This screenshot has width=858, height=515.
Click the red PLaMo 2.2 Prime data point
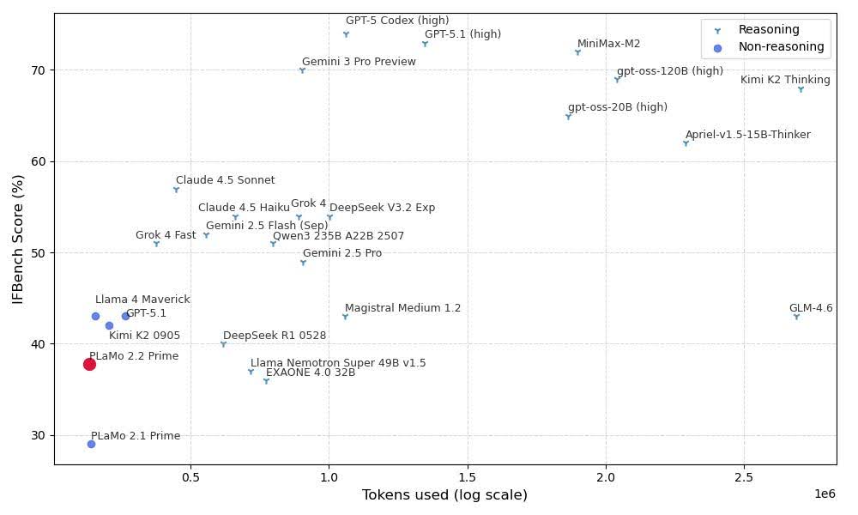click(89, 364)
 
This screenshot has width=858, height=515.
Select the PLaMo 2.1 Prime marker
click(91, 444)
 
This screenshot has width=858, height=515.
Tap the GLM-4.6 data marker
click(796, 317)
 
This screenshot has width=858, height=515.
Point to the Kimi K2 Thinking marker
click(801, 89)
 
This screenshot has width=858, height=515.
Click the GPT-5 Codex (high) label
click(396, 21)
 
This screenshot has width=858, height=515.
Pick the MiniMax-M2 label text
click(608, 44)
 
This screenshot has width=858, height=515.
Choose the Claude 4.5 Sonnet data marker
click(176, 189)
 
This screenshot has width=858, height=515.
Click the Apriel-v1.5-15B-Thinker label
click(747, 135)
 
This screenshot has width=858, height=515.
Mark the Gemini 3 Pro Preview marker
click(302, 70)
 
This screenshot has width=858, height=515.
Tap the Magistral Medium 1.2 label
click(402, 308)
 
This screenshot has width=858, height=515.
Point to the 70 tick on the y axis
click(39, 70)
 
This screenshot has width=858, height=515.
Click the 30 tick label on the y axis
click(39, 435)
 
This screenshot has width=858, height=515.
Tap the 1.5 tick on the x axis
click(468, 476)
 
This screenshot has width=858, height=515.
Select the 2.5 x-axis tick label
click(744, 476)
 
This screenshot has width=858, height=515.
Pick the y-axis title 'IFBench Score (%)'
click(18, 239)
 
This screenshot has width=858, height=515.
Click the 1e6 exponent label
click(825, 494)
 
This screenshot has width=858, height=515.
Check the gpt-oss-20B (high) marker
click(568, 117)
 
